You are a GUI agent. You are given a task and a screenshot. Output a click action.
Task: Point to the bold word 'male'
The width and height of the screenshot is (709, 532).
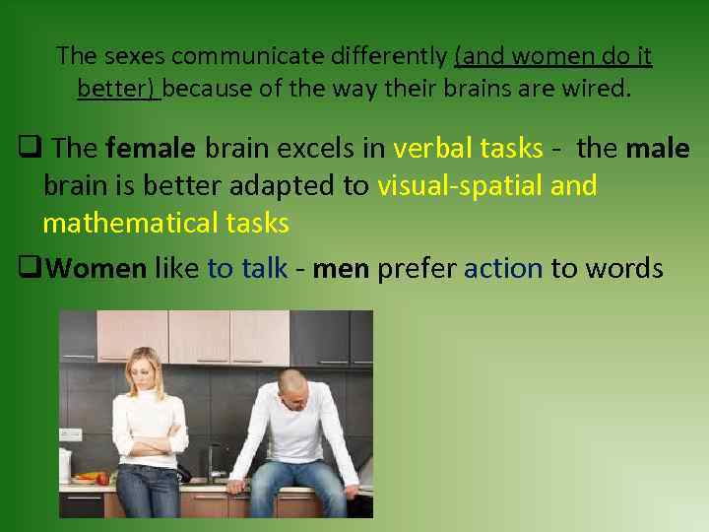tap(658, 149)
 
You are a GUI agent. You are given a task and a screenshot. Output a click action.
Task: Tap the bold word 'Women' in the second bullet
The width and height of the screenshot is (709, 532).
tap(97, 269)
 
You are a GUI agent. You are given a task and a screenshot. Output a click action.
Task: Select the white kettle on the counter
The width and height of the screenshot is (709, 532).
tap(65, 463)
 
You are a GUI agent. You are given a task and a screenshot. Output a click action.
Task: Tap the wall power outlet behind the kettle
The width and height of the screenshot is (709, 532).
tap(71, 432)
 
